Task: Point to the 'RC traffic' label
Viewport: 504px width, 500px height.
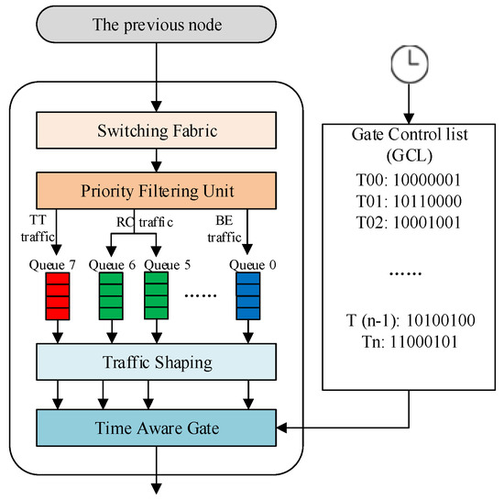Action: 135,221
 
